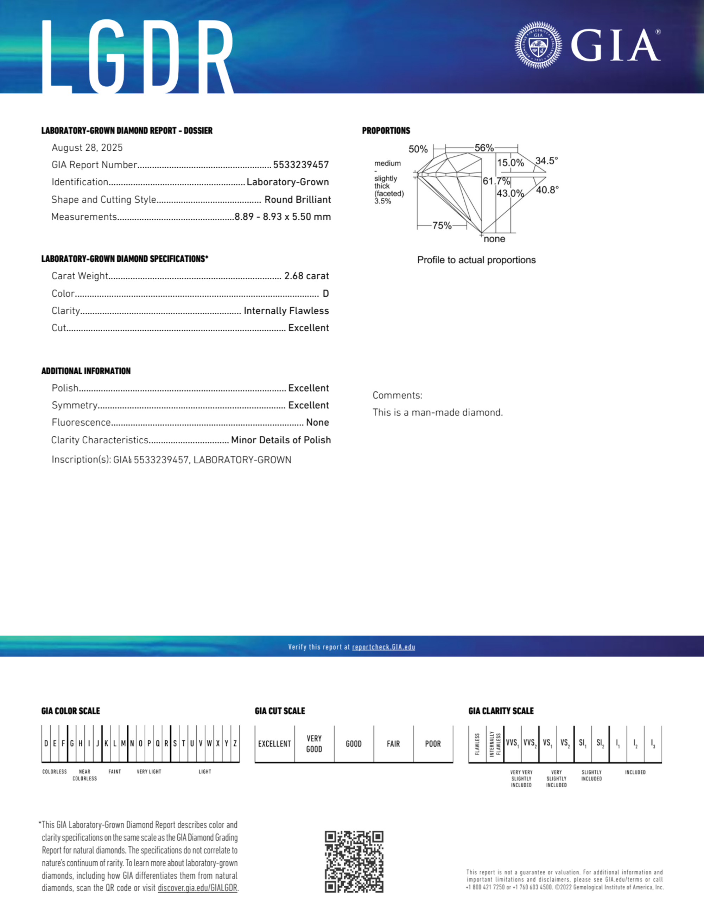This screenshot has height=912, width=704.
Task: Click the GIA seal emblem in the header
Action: (x=538, y=45)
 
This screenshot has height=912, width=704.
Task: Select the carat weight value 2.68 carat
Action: (x=306, y=276)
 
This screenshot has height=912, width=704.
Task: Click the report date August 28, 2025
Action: (x=87, y=148)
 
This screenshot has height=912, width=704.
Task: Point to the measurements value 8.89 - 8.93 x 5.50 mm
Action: (x=283, y=217)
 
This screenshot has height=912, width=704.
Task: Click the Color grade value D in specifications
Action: (x=325, y=294)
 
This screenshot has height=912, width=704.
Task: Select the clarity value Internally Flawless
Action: (x=286, y=311)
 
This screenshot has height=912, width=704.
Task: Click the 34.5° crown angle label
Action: (x=547, y=161)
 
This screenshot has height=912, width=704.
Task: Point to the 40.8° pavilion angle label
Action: (x=547, y=190)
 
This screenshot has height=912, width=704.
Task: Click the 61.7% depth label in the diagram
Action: (x=496, y=181)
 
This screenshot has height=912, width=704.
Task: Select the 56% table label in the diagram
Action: (x=484, y=148)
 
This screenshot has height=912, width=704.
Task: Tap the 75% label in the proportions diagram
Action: (x=442, y=225)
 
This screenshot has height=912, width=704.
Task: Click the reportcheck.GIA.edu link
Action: (x=383, y=647)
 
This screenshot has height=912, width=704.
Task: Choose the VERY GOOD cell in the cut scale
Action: (x=314, y=744)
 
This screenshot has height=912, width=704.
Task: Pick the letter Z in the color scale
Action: (x=235, y=743)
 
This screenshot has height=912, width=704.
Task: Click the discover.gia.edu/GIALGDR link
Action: (x=197, y=888)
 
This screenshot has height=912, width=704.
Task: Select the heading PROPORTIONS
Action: (x=386, y=131)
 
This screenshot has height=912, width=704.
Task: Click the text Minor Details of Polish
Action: (x=281, y=440)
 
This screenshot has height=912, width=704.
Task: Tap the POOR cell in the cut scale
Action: (x=433, y=744)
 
